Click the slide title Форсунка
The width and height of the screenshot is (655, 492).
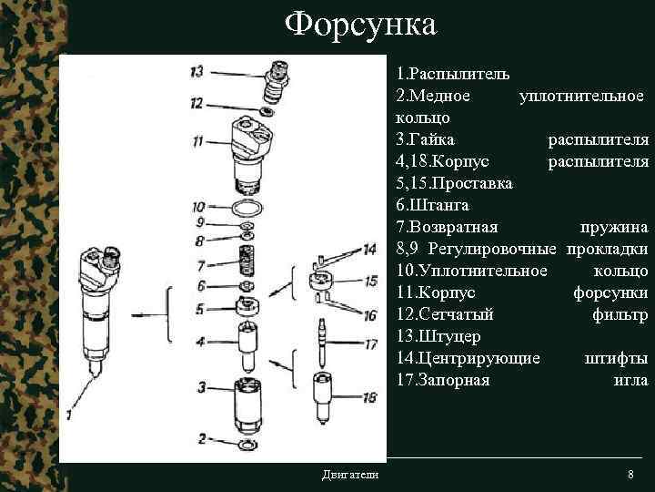tap(360, 25)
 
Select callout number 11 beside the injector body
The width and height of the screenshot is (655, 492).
tap(197, 141)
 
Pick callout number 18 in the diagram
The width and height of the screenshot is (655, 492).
tap(368, 397)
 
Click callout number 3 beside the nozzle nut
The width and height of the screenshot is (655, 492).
tap(200, 388)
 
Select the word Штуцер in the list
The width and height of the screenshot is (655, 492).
tap(443, 337)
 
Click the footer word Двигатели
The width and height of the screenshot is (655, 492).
tap(350, 476)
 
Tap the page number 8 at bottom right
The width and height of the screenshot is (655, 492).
tap(630, 476)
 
